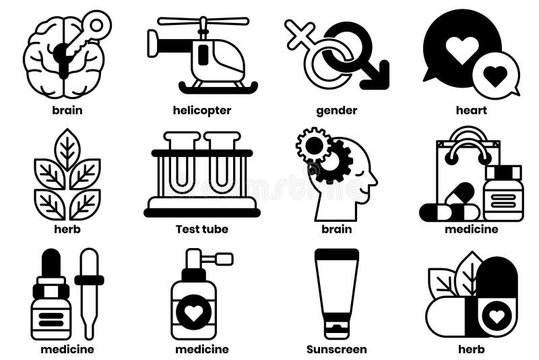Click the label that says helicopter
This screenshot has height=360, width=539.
(x=202, y=111)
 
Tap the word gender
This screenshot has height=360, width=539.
(x=336, y=111)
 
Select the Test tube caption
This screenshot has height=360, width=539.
(x=202, y=229)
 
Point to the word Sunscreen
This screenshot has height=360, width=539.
(x=336, y=349)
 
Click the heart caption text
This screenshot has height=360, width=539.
(x=471, y=111)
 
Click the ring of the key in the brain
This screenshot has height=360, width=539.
(x=98, y=25)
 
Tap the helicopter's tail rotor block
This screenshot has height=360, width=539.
(x=153, y=44)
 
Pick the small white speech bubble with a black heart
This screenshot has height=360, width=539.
(x=496, y=76)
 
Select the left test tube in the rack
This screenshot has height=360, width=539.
(x=181, y=165)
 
